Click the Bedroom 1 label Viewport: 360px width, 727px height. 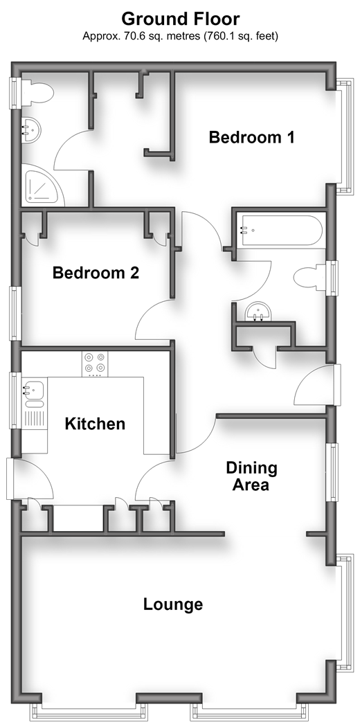click(x=251, y=138)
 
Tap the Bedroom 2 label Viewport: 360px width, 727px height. click(x=96, y=273)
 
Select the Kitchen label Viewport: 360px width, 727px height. click(x=95, y=424)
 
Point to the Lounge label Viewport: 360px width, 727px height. click(x=173, y=604)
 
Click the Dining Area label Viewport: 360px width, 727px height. click(x=251, y=476)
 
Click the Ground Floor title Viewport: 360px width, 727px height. click(x=180, y=19)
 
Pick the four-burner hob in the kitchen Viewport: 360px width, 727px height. click(x=95, y=363)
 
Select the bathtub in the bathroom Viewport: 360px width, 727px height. click(x=280, y=231)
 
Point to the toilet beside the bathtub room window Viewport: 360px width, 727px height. click(x=310, y=278)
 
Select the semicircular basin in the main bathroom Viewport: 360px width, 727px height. click(x=258, y=311)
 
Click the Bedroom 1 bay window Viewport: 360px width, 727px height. click(x=345, y=137)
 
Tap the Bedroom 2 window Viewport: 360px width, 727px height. click(x=16, y=314)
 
